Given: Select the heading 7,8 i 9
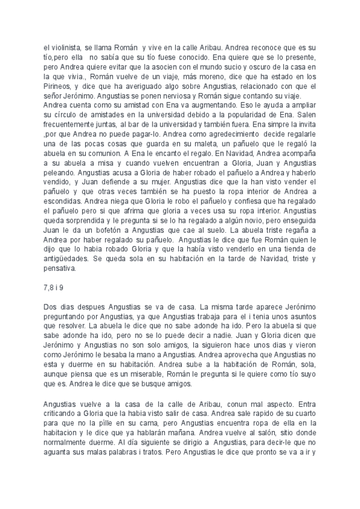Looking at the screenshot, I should coord(54,289).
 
